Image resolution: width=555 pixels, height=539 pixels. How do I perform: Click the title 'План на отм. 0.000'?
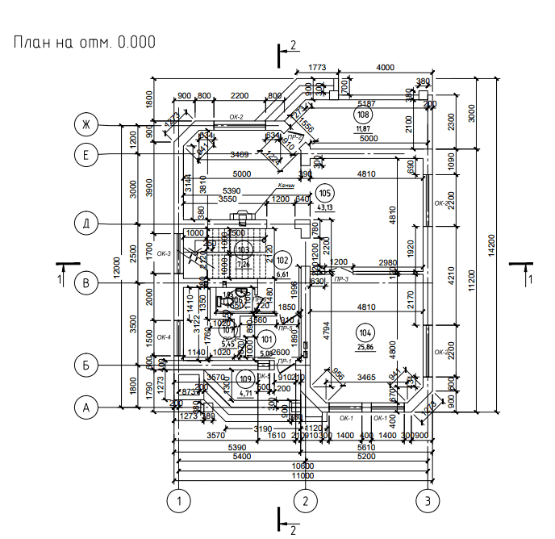(x=84, y=42)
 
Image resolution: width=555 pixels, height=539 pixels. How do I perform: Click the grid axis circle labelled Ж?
(x=84, y=124)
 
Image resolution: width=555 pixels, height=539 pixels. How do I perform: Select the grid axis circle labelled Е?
(x=84, y=153)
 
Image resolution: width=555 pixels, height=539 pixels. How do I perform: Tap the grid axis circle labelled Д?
(x=84, y=223)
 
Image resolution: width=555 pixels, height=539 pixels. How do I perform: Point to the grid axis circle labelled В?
(x=84, y=282)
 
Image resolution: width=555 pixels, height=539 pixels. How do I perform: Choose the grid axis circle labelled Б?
(x=84, y=364)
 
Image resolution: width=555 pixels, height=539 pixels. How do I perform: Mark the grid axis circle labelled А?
(x=84, y=407)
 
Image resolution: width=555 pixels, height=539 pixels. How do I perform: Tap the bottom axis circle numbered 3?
(x=428, y=500)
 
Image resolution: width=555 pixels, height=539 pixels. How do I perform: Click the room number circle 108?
(x=362, y=115)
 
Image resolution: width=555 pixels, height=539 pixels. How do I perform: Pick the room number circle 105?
(x=325, y=193)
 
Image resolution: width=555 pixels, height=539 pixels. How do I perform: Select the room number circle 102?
(x=282, y=261)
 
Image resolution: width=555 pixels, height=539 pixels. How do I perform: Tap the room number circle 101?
(x=267, y=338)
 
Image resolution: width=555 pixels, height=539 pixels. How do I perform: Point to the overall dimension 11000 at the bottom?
(x=302, y=475)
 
